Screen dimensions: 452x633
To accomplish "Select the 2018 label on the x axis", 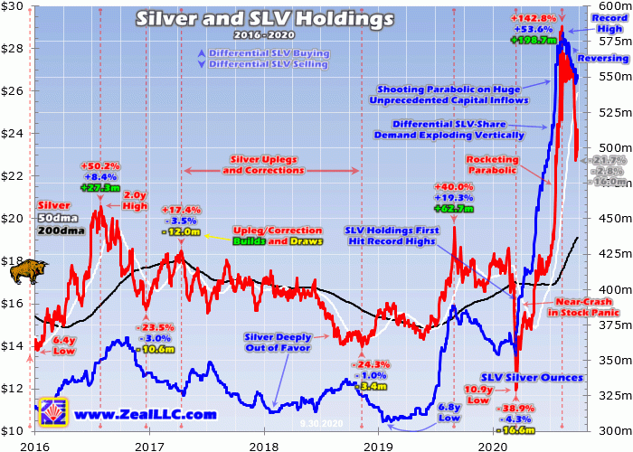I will click(x=264, y=446).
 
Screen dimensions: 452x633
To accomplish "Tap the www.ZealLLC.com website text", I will click(x=145, y=414).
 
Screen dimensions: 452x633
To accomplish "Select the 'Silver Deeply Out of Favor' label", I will click(x=278, y=341).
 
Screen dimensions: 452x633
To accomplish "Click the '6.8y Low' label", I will click(x=449, y=413).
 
